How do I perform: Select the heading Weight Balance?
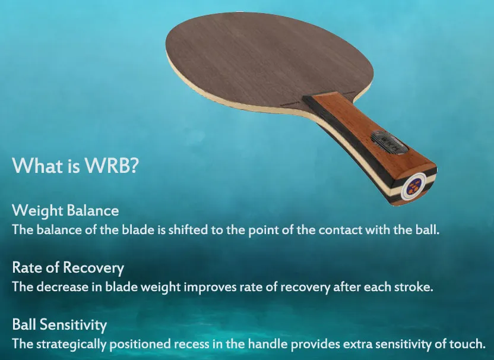pos(65,210)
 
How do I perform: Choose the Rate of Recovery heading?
pos(68,267)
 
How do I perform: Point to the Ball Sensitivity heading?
pos(59,325)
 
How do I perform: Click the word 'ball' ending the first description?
pos(428,229)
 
